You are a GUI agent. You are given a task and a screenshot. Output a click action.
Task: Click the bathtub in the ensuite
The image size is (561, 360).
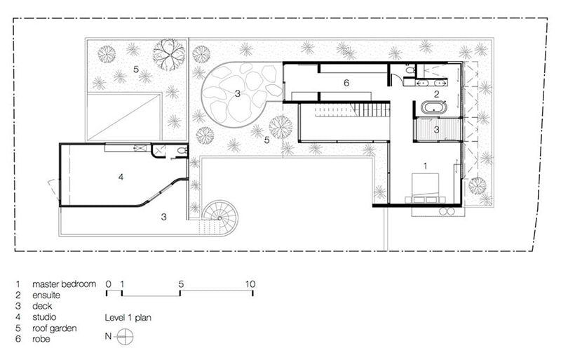pos(434,107)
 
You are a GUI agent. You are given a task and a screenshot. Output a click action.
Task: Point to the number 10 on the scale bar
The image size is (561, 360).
pos(250,284)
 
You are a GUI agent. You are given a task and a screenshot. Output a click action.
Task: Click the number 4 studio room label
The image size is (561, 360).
pos(121,177)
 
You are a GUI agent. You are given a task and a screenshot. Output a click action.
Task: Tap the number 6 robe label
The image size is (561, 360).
pos(346,83)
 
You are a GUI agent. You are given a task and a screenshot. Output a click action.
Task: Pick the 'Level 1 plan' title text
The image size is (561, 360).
pos(128,318)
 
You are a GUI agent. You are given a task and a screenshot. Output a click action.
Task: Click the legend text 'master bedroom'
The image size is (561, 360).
pos(64,284)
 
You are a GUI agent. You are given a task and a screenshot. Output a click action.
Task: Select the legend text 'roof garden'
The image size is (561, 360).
pos(55,328)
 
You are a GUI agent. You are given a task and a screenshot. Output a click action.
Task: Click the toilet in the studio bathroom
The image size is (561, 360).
pos(182,151)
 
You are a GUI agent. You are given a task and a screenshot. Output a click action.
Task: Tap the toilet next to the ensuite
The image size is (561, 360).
pos(410,68)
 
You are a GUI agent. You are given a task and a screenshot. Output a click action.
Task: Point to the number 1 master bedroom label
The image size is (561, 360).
pos(425,166)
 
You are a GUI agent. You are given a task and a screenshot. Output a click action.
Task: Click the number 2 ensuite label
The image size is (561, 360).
pos(436,95)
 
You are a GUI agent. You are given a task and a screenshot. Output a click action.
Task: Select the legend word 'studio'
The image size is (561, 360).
pos(44,317)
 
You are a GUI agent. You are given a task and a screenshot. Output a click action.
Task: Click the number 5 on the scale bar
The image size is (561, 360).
pos(181,284)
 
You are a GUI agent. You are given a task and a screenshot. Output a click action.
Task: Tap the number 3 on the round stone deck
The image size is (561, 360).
pos(237,94)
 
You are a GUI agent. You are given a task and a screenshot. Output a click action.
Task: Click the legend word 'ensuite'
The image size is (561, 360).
pos(46,295)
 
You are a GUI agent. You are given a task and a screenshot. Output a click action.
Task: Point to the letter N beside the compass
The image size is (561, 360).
pos(108,336)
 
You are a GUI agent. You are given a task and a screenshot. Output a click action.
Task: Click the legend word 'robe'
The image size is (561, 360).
pos(41,339)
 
